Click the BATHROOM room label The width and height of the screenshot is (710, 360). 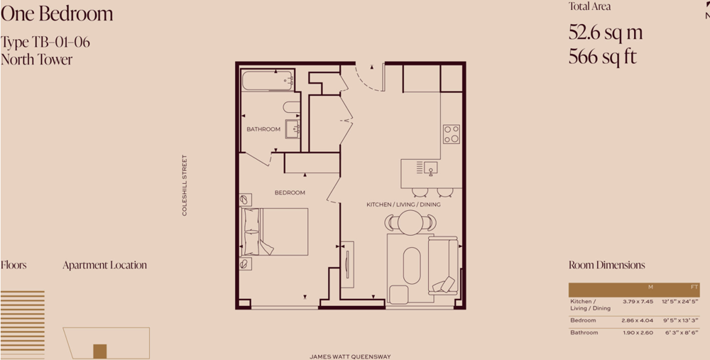(x=263, y=129)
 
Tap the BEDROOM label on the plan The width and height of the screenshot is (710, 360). (x=290, y=193)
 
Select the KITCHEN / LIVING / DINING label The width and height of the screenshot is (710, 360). (x=403, y=204)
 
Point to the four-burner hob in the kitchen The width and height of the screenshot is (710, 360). (x=451, y=134)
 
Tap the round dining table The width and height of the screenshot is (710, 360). (x=410, y=223)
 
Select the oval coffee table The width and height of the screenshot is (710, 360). (x=412, y=266)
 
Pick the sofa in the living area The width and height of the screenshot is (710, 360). (x=443, y=266)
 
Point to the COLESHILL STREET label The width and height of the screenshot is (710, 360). (x=185, y=185)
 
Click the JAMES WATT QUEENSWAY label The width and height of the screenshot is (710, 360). (x=350, y=357)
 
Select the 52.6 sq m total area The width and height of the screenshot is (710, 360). (x=606, y=33)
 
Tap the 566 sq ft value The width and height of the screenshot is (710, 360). (x=603, y=57)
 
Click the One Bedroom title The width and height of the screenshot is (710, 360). (x=57, y=13)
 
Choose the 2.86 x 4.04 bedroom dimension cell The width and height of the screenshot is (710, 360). (x=637, y=321)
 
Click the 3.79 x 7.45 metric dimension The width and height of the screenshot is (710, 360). (x=637, y=302)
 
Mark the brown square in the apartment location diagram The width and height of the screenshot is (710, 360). (x=100, y=351)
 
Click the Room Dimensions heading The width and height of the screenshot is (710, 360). (x=607, y=266)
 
